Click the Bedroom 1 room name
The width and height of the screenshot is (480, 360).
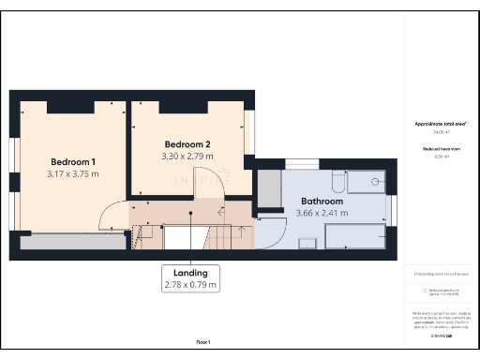tap(72, 161)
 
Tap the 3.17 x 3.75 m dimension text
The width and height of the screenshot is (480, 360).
tap(72, 173)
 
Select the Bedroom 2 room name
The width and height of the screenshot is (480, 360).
tap(187, 143)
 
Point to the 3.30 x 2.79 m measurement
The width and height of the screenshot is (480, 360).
tap(187, 156)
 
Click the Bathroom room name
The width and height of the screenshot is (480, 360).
tap(322, 201)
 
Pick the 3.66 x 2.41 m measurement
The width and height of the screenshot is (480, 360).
tap(322, 213)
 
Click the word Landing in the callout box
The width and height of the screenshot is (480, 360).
tap(190, 272)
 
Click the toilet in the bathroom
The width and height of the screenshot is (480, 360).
tap(339, 181)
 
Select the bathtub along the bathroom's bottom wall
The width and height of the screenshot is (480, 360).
tap(355, 237)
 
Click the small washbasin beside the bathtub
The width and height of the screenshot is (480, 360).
tap(307, 243)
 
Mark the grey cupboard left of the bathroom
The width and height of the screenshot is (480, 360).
tap(271, 188)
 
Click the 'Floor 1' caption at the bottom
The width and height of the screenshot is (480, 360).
tap(203, 341)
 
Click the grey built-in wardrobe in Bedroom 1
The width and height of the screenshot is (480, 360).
tap(72, 242)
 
